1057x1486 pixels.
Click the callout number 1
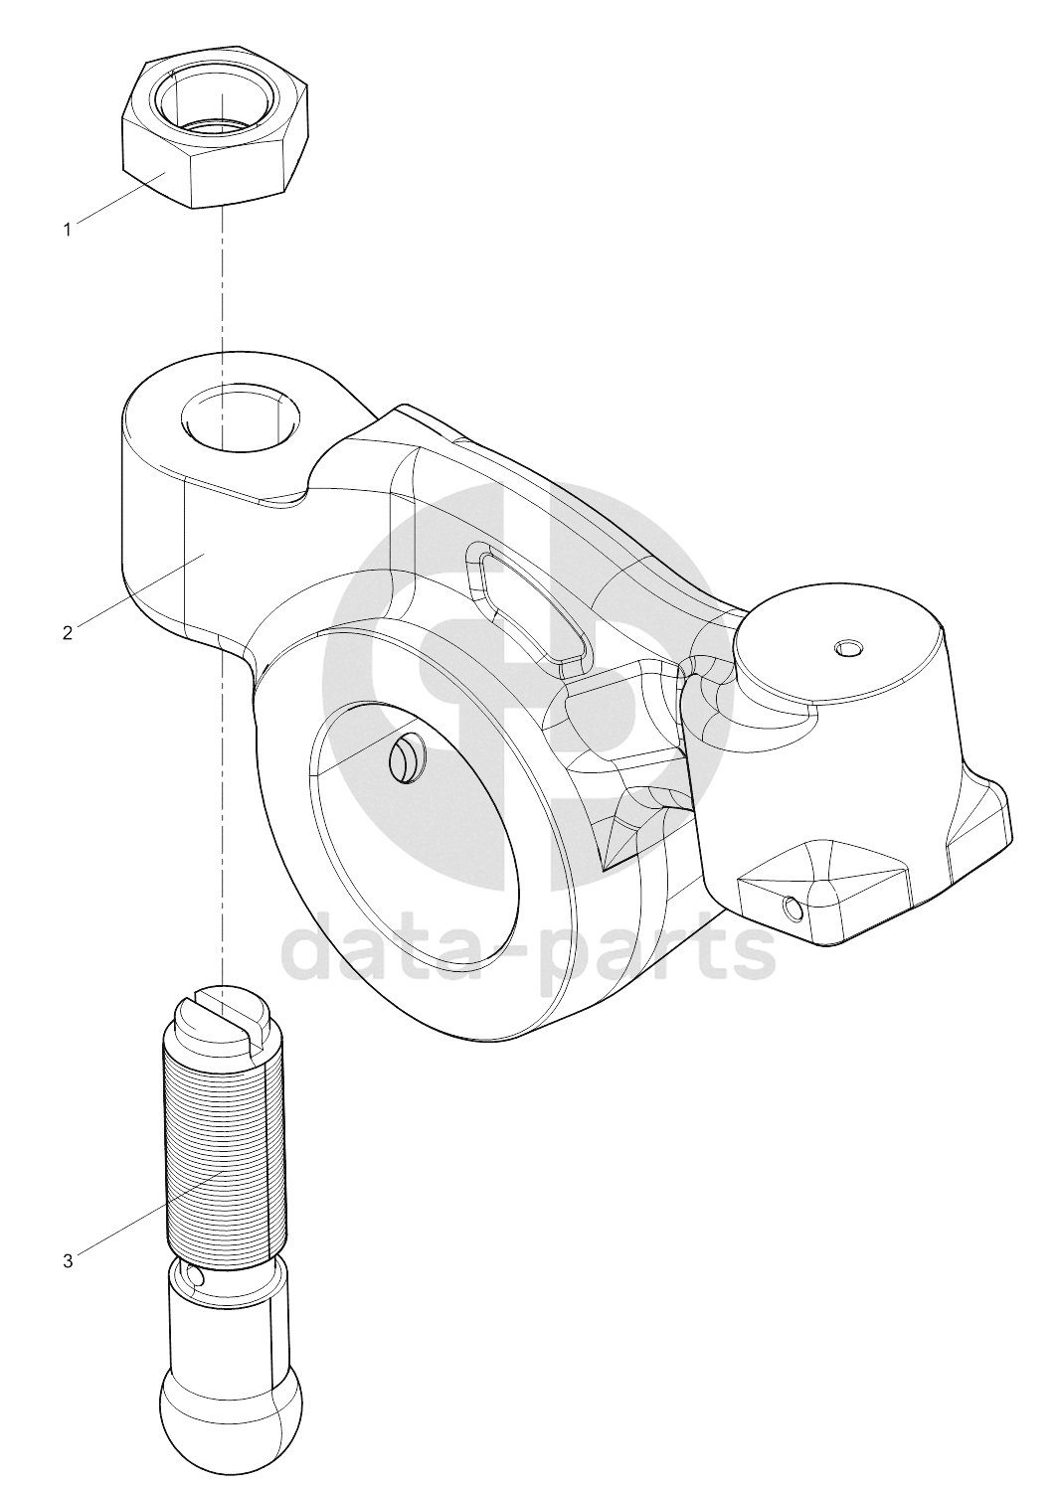pos(67,230)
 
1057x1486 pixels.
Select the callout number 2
pos(67,632)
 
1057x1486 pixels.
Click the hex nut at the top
pos(216,127)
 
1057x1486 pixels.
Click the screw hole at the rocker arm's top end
pos(240,417)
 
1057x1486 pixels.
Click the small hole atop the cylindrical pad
pos(849,647)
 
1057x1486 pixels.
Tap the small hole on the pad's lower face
pos(791,908)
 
